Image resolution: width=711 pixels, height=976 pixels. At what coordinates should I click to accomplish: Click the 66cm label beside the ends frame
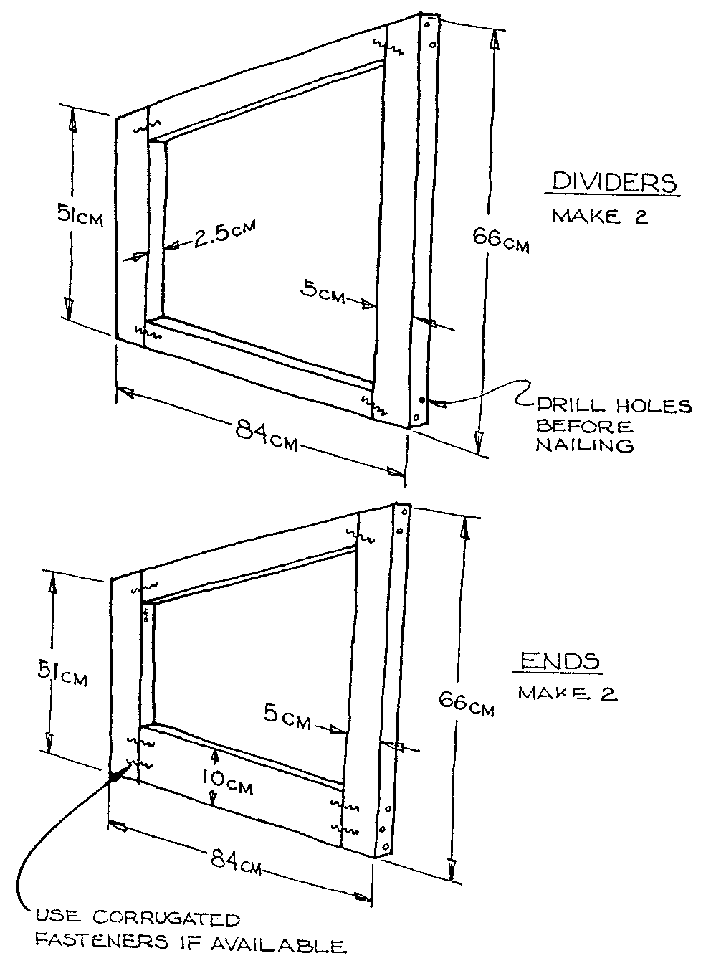click(466, 703)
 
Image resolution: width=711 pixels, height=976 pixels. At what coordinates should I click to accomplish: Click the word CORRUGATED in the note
click(169, 919)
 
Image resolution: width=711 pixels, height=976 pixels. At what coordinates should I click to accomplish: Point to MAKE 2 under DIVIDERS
click(599, 217)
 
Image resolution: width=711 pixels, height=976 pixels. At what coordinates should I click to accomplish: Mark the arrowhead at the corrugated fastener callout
click(115, 776)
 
